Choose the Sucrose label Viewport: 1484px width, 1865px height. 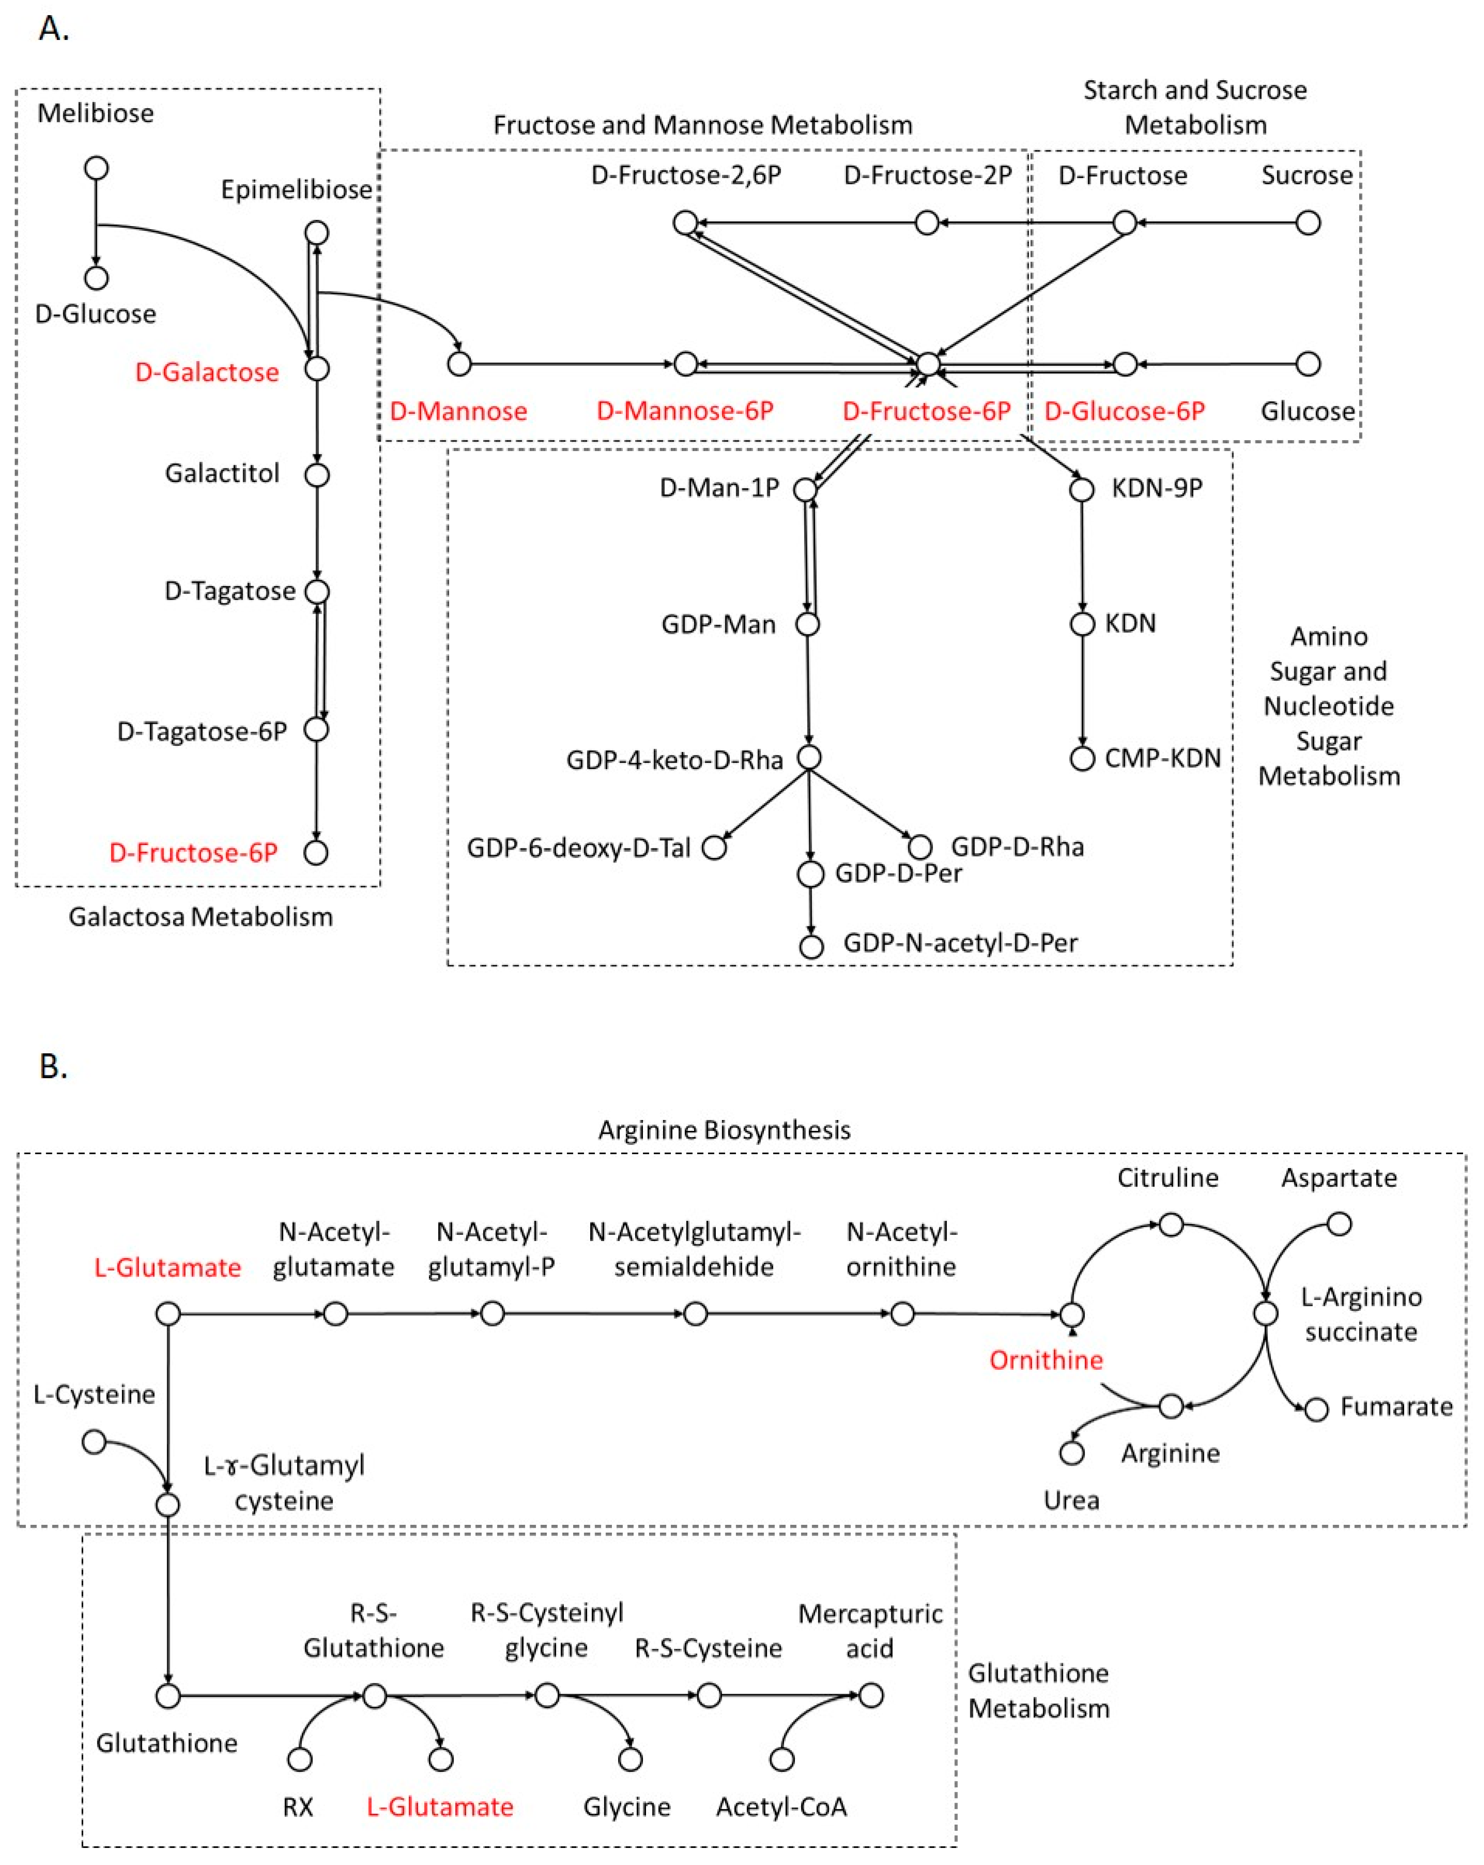1306,176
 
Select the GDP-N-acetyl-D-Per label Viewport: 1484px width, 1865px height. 960,943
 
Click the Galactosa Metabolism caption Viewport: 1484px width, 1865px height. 200,917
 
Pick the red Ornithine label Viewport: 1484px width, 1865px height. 1045,1360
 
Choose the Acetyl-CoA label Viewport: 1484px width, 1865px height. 781,1807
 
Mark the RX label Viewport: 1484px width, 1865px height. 297,1807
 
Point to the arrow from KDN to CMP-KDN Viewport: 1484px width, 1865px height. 1082,692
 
